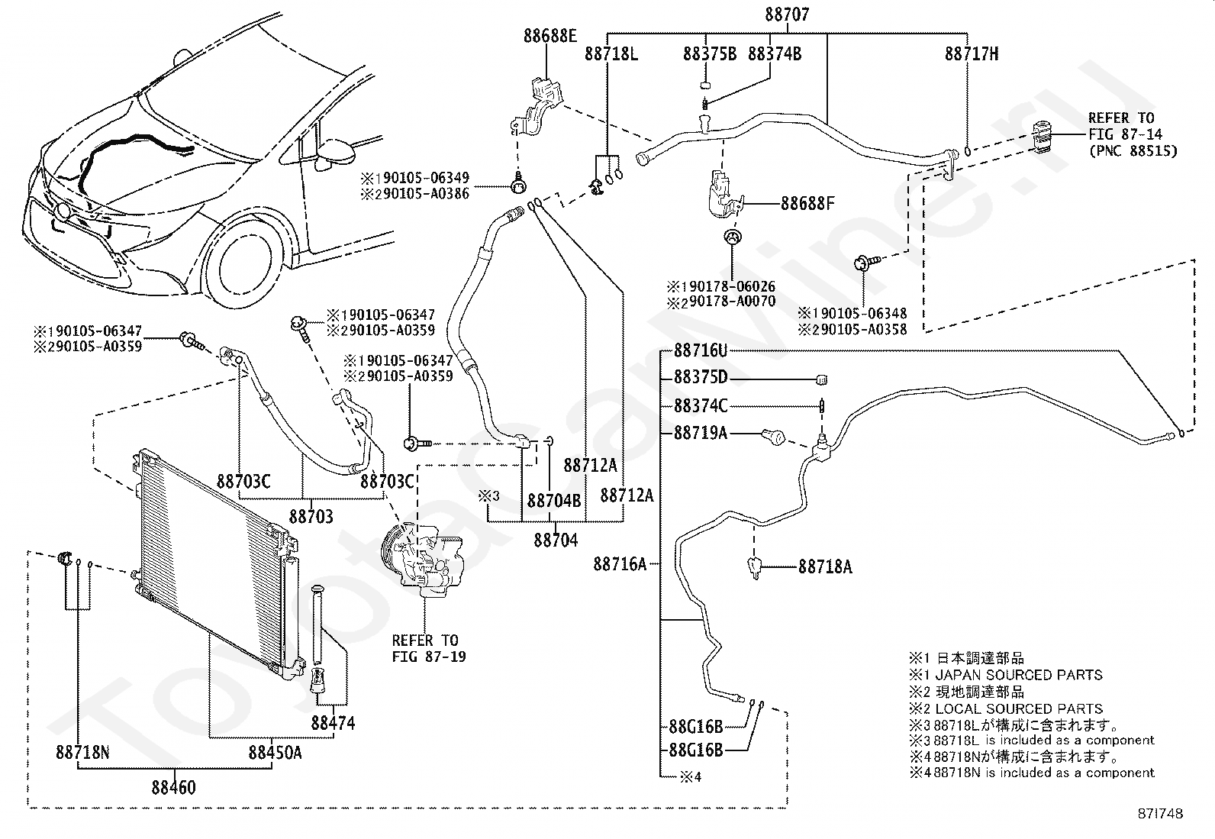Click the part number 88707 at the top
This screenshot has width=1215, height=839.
[787, 14]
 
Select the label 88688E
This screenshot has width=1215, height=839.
[550, 36]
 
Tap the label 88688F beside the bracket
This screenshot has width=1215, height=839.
[807, 204]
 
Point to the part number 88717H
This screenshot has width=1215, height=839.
[972, 53]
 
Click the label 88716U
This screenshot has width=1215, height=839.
[701, 350]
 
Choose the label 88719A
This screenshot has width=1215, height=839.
[701, 433]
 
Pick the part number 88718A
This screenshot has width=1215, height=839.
[825, 567]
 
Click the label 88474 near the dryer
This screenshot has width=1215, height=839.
[333, 723]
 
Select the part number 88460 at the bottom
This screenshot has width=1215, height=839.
[173, 787]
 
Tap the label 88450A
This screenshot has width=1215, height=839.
[275, 753]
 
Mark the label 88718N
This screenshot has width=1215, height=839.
[82, 753]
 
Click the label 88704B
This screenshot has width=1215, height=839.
[554, 500]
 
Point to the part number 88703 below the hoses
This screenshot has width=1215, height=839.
[311, 516]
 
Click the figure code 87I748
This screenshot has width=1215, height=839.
[1160, 814]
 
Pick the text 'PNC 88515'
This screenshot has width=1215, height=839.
[1133, 151]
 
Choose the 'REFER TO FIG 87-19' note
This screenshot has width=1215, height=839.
[428, 648]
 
